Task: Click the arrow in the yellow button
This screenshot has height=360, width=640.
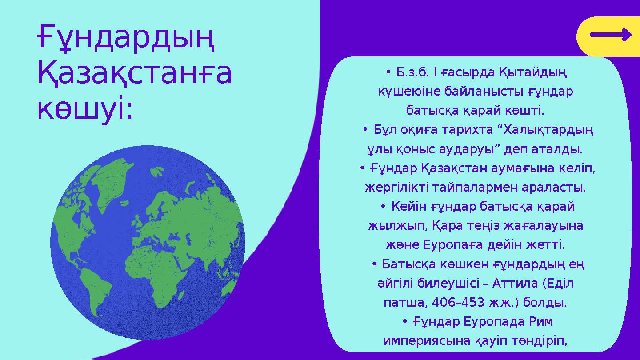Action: tap(610, 35)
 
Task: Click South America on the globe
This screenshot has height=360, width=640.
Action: tap(96, 289)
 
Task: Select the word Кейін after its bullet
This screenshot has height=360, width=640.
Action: tap(409, 207)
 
